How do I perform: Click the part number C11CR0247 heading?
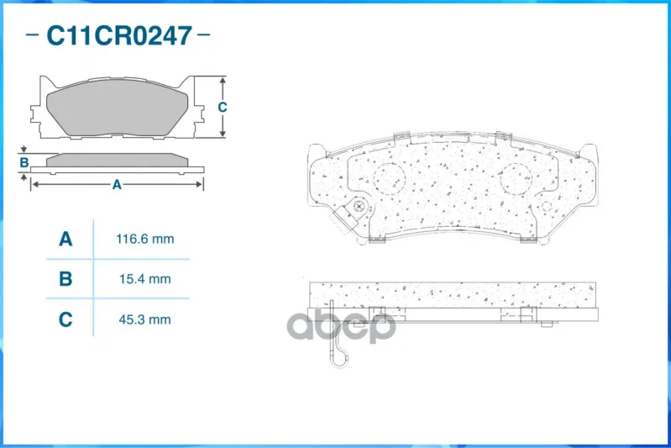click(119, 35)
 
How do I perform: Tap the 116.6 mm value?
click(145, 239)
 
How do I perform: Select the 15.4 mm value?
click(145, 279)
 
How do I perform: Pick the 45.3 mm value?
click(144, 319)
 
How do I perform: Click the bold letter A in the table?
click(66, 239)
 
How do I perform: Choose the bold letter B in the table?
click(66, 279)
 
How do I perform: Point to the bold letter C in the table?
click(66, 319)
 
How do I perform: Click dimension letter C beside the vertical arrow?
click(222, 107)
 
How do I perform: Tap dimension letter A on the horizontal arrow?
click(117, 185)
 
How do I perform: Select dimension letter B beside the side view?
click(24, 163)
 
